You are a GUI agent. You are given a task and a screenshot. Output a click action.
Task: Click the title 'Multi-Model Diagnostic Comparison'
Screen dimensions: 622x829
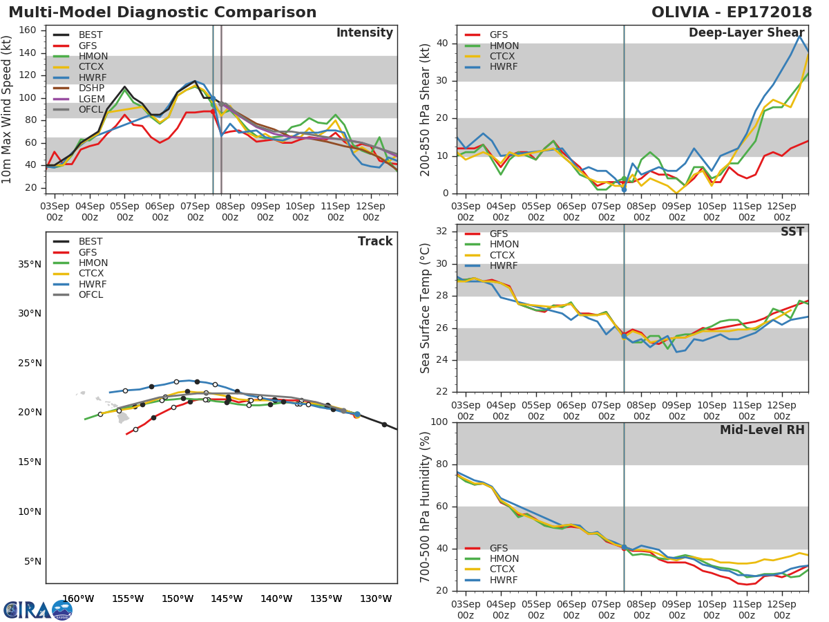pos(162,12)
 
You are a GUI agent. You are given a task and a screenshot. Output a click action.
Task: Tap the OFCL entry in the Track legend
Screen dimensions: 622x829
pos(90,295)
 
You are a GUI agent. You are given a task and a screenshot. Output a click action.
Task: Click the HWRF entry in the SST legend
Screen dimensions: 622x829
pos(504,266)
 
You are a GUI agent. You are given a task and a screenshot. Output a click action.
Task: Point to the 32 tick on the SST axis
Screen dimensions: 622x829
pos(442,232)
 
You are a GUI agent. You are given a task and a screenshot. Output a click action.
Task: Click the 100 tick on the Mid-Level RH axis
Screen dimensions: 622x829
pos(439,422)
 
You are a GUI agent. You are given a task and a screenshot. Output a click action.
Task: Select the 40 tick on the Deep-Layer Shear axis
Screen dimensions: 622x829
pos(442,44)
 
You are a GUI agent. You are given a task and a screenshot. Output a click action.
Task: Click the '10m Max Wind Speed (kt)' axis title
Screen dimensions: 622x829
pos(8,109)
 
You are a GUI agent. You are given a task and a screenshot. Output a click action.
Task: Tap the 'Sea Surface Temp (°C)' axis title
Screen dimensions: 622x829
pos(426,309)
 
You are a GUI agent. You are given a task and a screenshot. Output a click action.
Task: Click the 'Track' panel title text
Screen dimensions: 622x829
pos(375,242)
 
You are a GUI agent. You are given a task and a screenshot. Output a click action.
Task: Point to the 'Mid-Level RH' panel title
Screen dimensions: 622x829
pos(762,431)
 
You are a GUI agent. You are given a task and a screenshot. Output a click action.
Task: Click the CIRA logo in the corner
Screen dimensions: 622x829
pos(37,610)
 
